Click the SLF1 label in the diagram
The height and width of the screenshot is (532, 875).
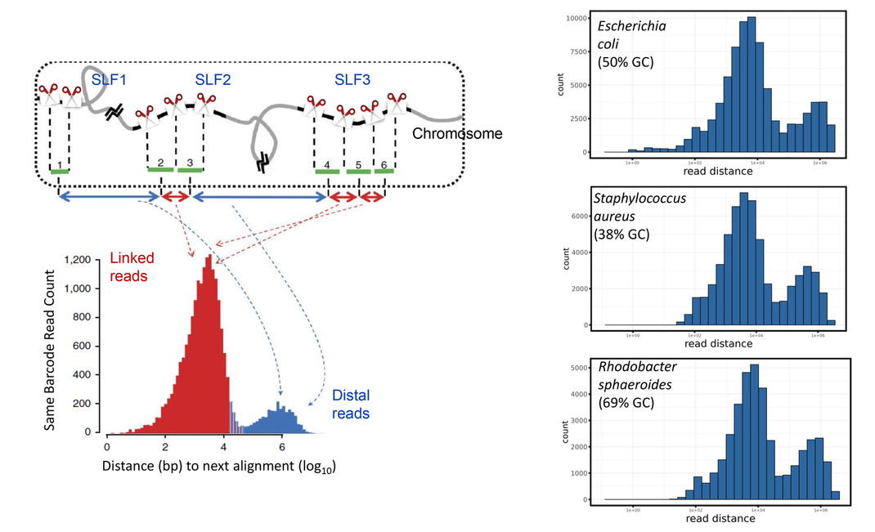[110, 80]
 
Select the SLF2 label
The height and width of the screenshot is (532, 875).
[213, 80]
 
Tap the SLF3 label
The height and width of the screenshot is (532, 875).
[352, 80]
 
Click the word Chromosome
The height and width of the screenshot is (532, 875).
[457, 133]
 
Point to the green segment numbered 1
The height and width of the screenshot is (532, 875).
[59, 170]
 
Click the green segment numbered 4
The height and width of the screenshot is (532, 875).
[327, 170]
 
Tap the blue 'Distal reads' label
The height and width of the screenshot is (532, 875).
[351, 404]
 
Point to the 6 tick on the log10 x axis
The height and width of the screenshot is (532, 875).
[281, 446]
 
